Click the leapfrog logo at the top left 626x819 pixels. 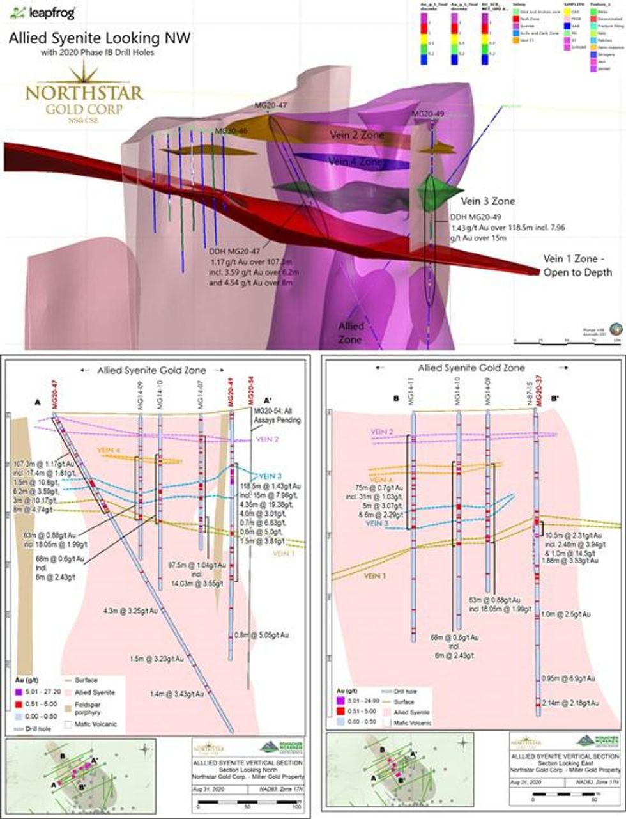pos(43,13)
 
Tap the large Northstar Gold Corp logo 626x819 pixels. pos(84,100)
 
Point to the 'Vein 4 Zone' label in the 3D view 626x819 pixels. pos(356,162)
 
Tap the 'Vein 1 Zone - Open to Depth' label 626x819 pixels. pos(577,266)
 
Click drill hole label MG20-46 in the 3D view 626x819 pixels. pos(231,131)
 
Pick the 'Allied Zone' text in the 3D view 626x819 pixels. pos(351,332)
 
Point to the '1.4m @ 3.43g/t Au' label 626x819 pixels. pos(177,693)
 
